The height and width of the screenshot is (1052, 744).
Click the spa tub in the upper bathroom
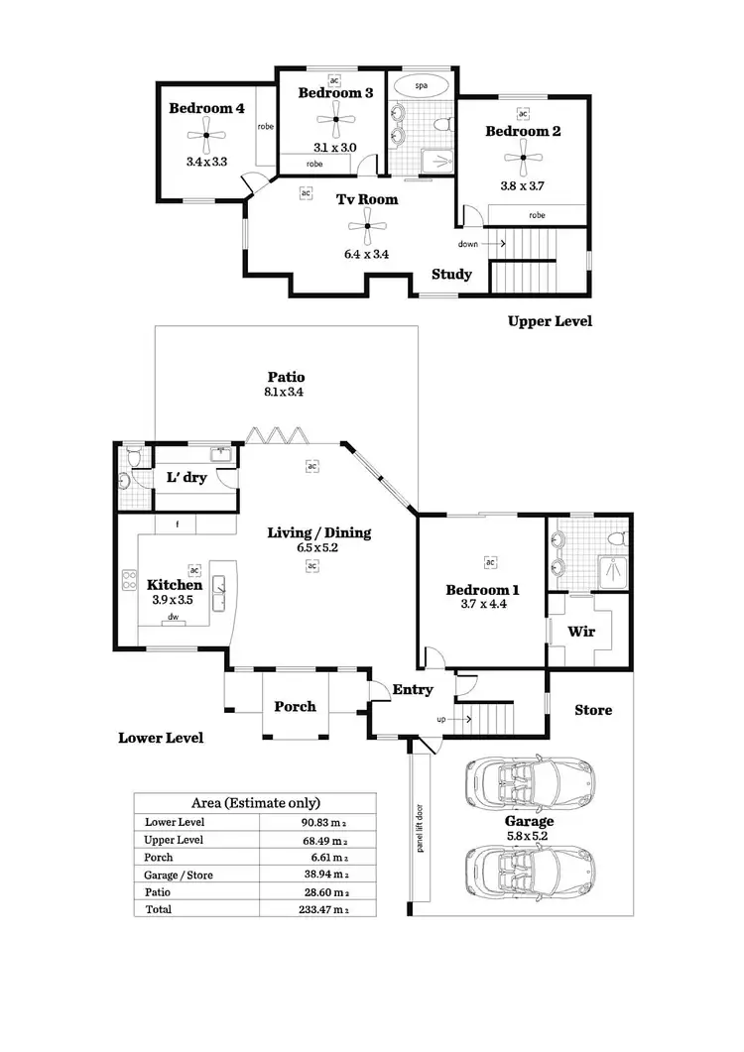420,86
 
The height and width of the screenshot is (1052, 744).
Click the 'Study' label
451,275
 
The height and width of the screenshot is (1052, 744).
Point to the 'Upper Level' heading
550,321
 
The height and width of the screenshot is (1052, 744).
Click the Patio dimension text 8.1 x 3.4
284,393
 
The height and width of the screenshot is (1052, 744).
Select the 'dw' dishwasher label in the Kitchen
173,617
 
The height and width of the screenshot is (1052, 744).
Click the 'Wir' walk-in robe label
580,631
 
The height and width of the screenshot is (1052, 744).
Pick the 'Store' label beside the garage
594,710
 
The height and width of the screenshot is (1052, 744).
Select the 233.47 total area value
326,909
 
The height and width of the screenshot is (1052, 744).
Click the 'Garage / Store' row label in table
179,875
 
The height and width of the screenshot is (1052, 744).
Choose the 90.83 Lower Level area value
326,822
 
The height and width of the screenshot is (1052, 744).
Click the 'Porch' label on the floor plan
295,706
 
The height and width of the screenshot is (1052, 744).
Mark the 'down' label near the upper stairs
468,243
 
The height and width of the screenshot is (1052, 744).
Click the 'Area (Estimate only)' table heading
255,803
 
